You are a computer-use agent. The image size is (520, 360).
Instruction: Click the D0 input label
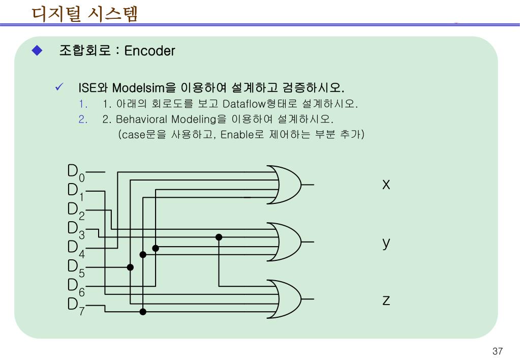pyautogui.click(x=76, y=172)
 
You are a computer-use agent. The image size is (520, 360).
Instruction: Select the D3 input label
pyautogui.click(x=76, y=229)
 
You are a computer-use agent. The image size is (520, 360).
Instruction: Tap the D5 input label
pyautogui.click(x=76, y=267)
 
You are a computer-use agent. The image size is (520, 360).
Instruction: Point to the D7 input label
pyautogui.click(x=76, y=306)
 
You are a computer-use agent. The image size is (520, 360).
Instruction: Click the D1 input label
pyautogui.click(x=76, y=191)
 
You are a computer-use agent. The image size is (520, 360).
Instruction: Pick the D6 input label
pyautogui.click(x=76, y=286)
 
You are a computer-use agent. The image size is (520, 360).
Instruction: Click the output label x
pyautogui.click(x=386, y=184)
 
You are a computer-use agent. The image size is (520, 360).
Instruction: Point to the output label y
pyautogui.click(x=386, y=243)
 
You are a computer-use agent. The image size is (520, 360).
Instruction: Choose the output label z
pyautogui.click(x=386, y=301)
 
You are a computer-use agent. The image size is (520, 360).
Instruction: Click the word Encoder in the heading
pyautogui.click(x=149, y=51)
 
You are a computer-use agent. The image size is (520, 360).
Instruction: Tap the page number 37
pyautogui.click(x=497, y=351)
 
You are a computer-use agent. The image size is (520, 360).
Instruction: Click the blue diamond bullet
pyautogui.click(x=37, y=50)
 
